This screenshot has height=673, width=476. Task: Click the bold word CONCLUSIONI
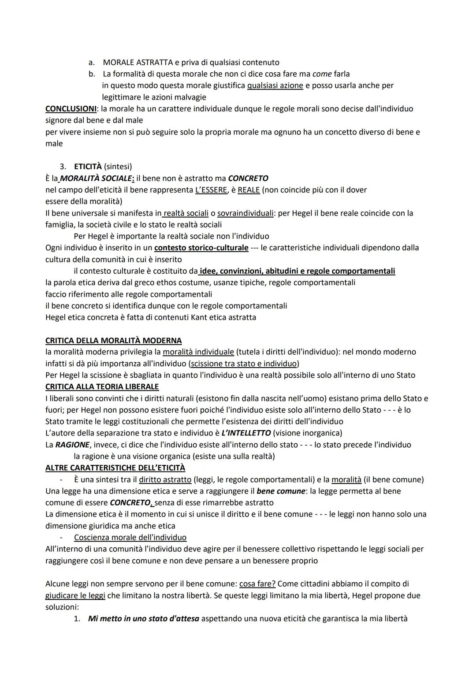pyautogui.click(x=71, y=108)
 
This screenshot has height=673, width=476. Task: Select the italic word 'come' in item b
pyautogui.click(x=322, y=74)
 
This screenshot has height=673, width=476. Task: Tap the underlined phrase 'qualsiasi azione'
pyautogui.click(x=275, y=85)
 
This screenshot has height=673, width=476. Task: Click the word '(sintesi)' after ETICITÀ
pyautogui.click(x=118, y=167)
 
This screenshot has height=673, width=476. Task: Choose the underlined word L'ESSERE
pyautogui.click(x=211, y=190)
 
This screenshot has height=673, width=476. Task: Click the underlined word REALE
pyautogui.click(x=249, y=190)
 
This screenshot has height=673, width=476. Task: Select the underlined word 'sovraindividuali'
pyautogui.click(x=245, y=213)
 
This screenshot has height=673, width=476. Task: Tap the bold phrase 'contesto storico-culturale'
pyautogui.click(x=201, y=248)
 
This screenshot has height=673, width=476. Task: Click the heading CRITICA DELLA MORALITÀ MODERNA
pyautogui.click(x=113, y=341)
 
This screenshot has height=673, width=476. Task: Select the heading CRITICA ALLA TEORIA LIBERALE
pyautogui.click(x=102, y=387)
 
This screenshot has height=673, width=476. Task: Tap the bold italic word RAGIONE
pyautogui.click(x=72, y=445)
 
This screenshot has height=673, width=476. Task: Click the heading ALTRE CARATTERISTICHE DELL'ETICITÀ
pyautogui.click(x=115, y=468)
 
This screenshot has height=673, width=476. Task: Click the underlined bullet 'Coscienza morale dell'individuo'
pyautogui.click(x=130, y=538)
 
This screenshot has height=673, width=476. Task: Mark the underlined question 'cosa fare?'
pyautogui.click(x=257, y=584)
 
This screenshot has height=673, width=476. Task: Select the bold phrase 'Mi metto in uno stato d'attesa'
pyautogui.click(x=144, y=619)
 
